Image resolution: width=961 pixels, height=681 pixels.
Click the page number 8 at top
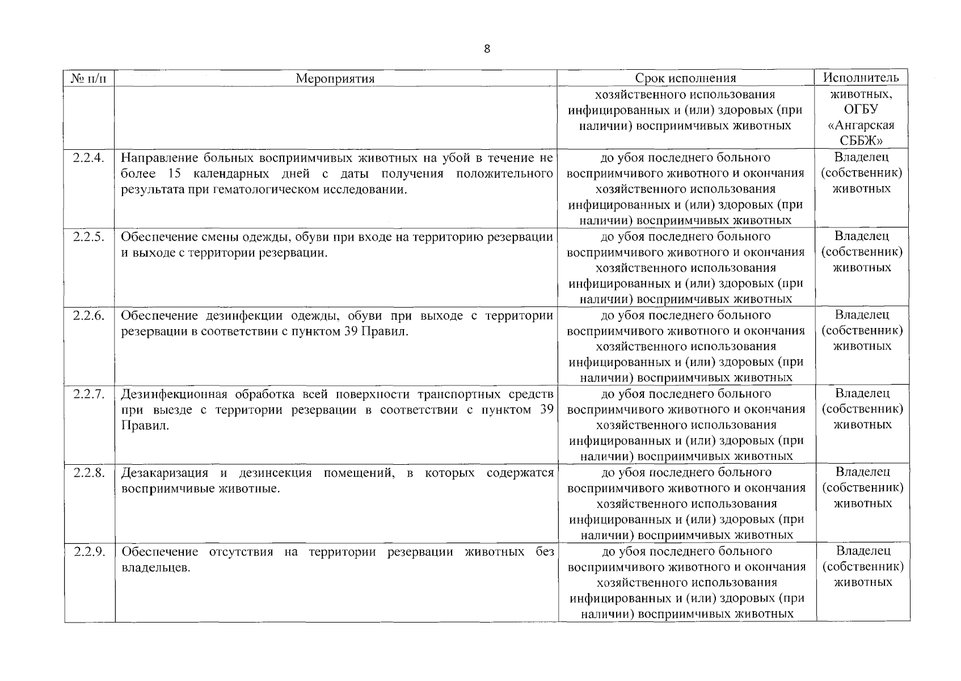click(x=487, y=49)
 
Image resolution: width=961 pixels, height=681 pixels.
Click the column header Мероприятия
click(x=335, y=78)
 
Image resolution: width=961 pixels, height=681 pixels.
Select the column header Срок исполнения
click(x=685, y=78)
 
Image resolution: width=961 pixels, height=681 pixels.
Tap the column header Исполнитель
click(x=861, y=77)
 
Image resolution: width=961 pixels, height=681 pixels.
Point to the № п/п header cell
click(x=89, y=78)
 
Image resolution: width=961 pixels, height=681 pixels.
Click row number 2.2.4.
click(x=89, y=157)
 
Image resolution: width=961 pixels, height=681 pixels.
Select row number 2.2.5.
click(x=89, y=236)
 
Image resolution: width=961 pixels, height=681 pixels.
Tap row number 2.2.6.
click(x=89, y=315)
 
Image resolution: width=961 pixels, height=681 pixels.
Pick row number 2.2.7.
click(x=89, y=394)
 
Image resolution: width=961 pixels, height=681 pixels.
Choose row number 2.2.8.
click(x=89, y=472)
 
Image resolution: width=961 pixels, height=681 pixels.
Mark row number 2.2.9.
click(x=89, y=551)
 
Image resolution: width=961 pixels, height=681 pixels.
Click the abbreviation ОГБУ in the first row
click(x=861, y=110)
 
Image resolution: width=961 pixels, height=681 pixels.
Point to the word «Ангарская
click(x=861, y=125)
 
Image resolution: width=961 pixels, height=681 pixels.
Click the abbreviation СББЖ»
click(x=861, y=141)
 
